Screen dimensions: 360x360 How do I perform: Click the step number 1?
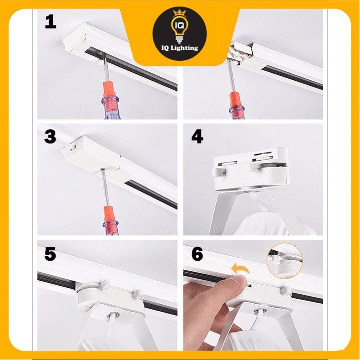coord(50,22)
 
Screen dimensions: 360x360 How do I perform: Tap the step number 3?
coord(50,137)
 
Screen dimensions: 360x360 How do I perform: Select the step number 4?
coord(197,137)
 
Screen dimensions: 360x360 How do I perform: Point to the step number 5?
coord(50,254)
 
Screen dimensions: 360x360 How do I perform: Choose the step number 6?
coord(197,254)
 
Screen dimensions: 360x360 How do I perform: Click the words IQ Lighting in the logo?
coord(180,48)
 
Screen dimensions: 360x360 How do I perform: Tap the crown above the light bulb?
coord(180,12)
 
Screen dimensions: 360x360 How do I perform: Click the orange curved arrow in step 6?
coord(240,268)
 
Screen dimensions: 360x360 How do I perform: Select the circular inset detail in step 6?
coord(285,261)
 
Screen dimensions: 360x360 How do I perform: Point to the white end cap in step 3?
coord(90,154)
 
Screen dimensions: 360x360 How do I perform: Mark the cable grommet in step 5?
coord(114,315)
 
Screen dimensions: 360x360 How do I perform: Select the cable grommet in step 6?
coord(260,311)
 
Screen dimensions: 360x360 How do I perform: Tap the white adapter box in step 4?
coord(250,169)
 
